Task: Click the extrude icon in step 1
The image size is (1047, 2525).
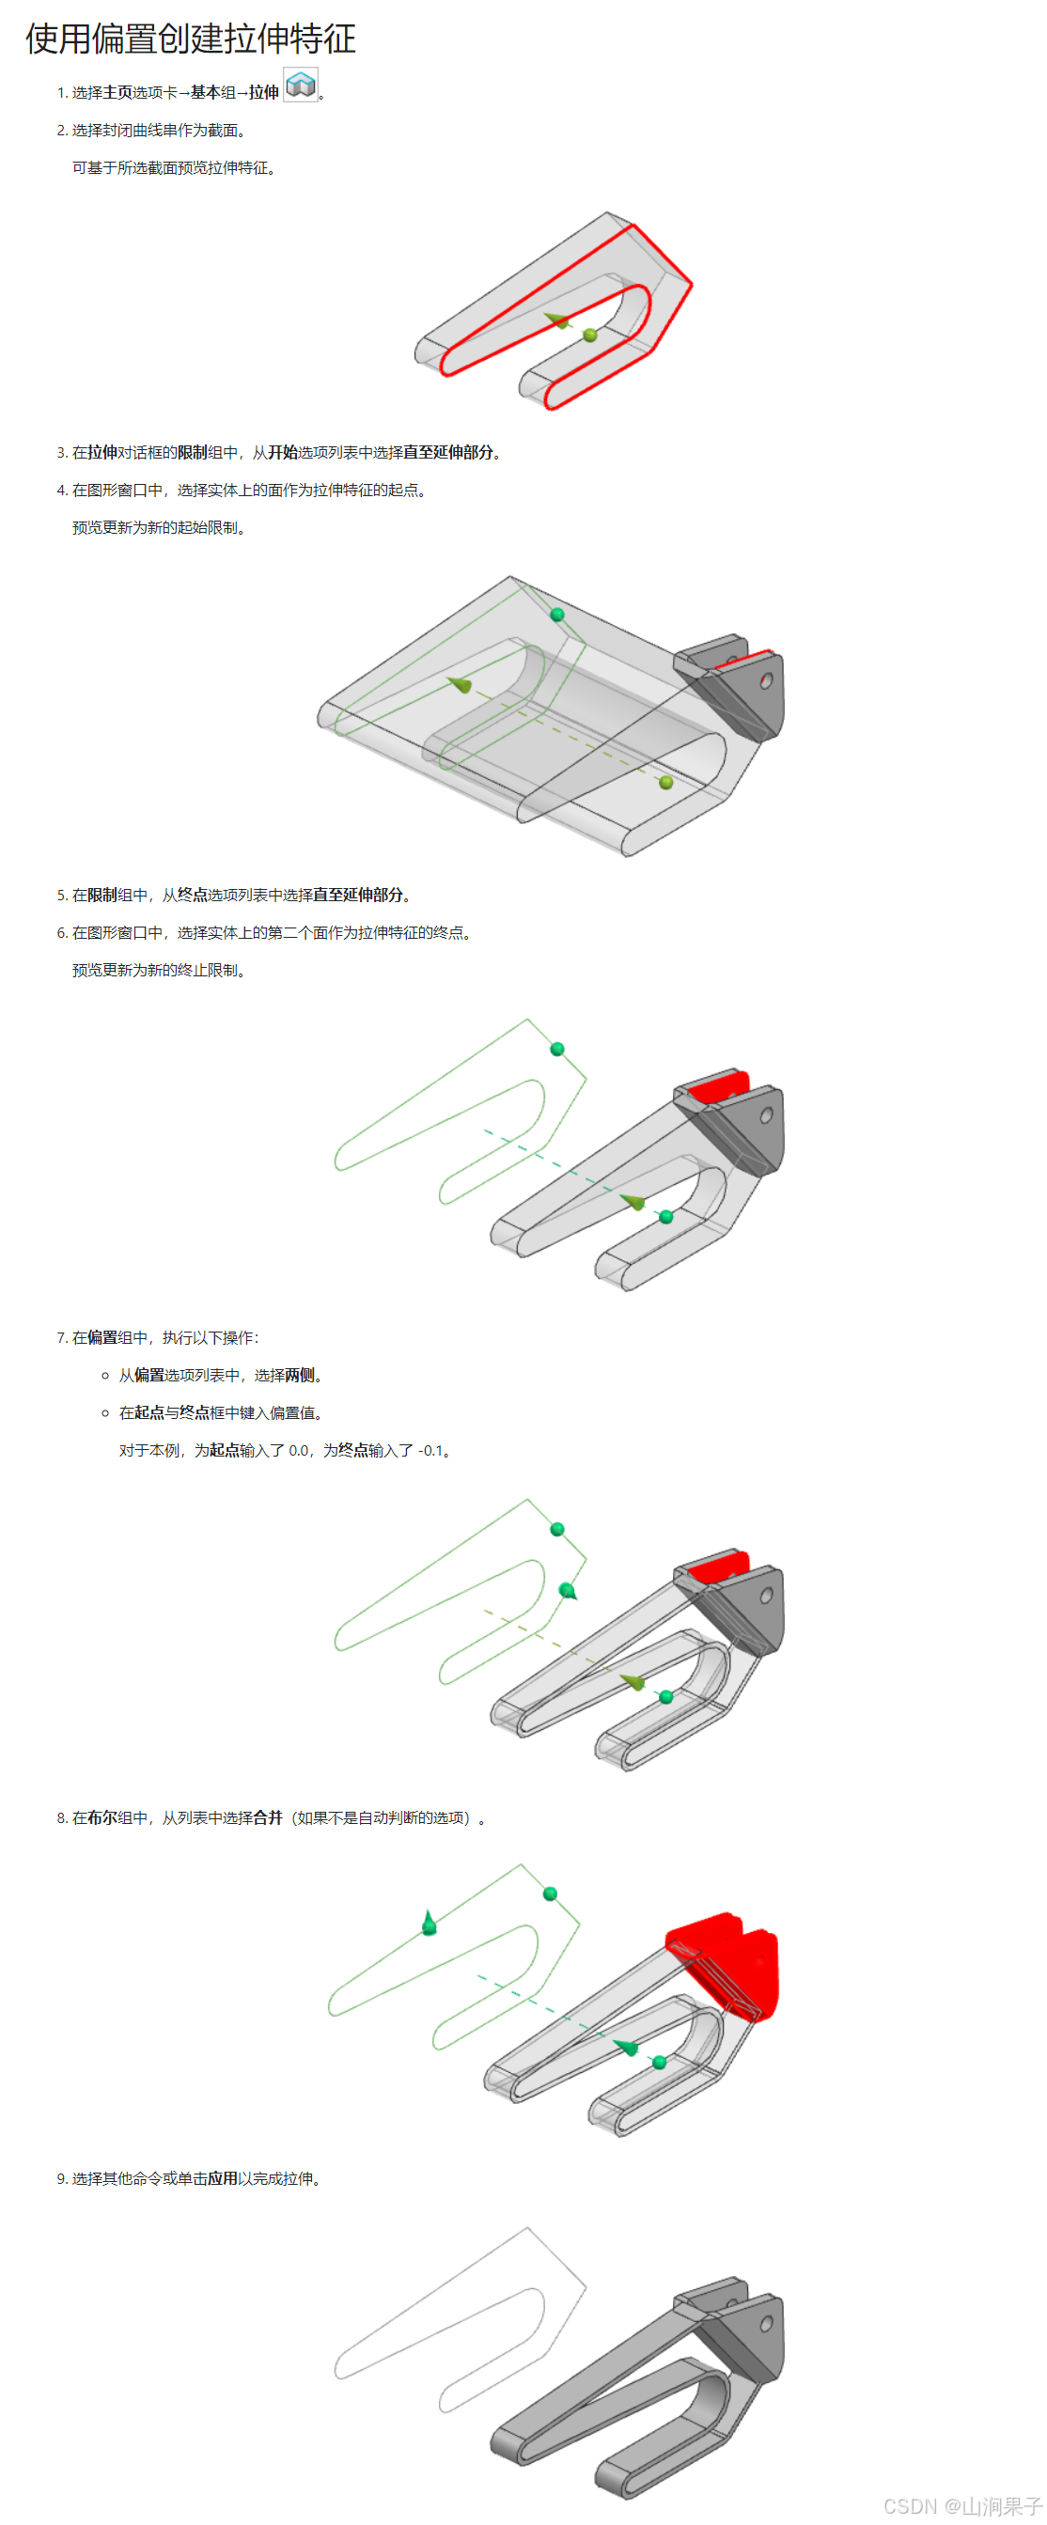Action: [300, 86]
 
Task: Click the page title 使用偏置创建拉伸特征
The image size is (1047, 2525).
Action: [190, 39]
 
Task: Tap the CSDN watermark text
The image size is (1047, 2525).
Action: [961, 2505]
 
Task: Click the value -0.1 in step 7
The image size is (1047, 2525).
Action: [430, 1451]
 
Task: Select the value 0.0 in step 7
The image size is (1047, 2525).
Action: [298, 1451]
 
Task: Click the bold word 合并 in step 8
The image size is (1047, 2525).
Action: [268, 1818]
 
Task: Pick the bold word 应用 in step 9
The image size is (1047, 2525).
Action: [223, 2179]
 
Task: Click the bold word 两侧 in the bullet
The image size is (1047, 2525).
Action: [299, 1375]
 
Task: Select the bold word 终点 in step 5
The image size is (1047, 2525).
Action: [192, 895]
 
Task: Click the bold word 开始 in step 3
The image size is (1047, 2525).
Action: [282, 453]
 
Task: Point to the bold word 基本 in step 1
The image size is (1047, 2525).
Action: [205, 93]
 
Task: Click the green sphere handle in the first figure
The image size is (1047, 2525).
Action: [590, 335]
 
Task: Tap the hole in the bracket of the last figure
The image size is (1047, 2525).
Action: [767, 2323]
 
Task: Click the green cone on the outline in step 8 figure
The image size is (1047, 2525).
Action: [429, 1925]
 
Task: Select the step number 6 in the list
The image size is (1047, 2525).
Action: [61, 933]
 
